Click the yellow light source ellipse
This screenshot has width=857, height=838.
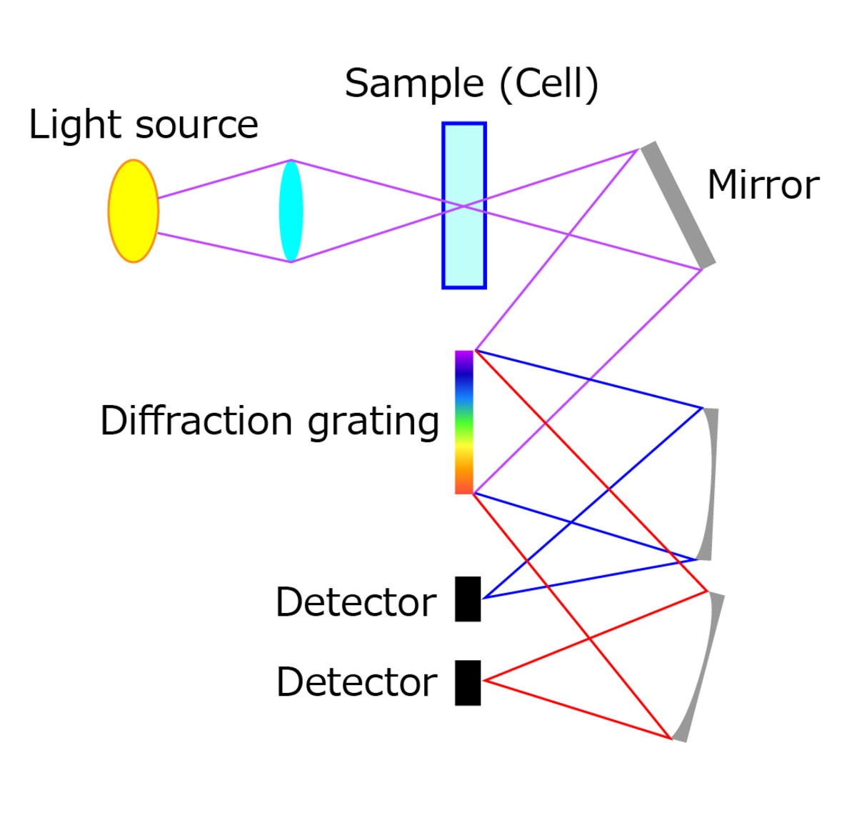pyautogui.click(x=134, y=211)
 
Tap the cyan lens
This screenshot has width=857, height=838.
pyautogui.click(x=291, y=211)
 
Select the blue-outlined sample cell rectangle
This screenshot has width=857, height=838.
pyautogui.click(x=464, y=205)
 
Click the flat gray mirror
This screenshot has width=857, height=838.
pyautogui.click(x=678, y=204)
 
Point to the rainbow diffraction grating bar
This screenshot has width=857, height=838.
pyautogui.click(x=464, y=422)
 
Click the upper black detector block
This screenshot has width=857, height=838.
pyautogui.click(x=468, y=599)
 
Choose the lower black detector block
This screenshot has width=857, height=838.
pyautogui.click(x=468, y=682)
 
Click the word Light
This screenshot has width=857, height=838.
pyautogui.click(x=76, y=125)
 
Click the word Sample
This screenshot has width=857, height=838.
pyautogui.click(x=414, y=84)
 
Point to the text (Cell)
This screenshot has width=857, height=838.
pyautogui.click(x=548, y=84)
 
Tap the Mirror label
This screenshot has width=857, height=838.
pyautogui.click(x=763, y=186)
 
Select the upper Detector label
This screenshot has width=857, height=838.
pyautogui.click(x=356, y=602)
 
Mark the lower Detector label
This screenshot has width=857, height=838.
pyautogui.click(x=356, y=682)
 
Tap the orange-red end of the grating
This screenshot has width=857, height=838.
pyautogui.click(x=464, y=484)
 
